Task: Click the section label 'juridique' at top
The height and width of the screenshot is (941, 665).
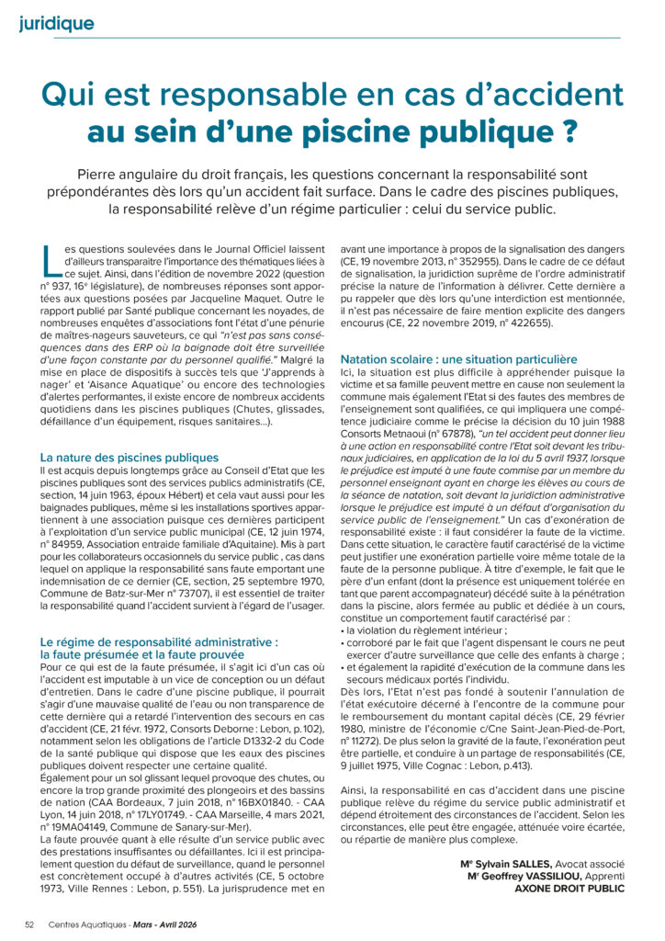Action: [x=56, y=23]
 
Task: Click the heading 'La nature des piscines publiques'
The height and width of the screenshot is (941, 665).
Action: [x=130, y=456]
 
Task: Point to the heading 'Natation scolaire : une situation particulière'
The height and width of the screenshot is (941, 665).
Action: [x=458, y=358]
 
